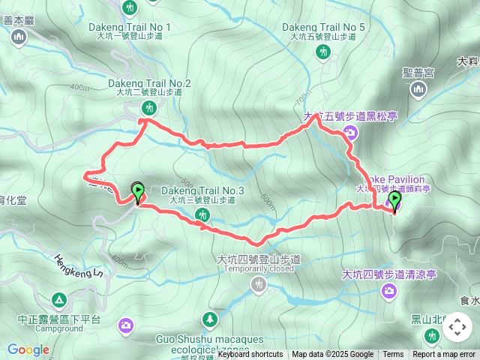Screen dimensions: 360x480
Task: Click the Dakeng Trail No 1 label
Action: tap(130, 28)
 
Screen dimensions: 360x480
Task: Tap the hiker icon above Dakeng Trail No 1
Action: tap(130, 8)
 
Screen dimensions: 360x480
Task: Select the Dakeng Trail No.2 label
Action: tap(150, 83)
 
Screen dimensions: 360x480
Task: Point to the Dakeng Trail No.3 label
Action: tap(202, 191)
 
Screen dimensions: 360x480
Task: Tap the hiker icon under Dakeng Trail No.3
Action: tap(202, 215)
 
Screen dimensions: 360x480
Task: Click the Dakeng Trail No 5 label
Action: tap(323, 28)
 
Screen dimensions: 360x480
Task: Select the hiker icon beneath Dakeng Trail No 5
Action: tap(322, 52)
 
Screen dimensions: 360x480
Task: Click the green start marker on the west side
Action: tap(138, 192)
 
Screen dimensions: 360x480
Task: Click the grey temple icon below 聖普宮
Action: tap(418, 90)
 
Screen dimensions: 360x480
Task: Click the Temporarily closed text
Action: tap(259, 268)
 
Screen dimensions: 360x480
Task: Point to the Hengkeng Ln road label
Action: tap(78, 266)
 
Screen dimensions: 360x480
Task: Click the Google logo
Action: tap(28, 349)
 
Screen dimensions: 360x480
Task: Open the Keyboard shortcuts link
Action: tap(250, 355)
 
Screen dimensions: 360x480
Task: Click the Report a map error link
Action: tap(444, 355)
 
